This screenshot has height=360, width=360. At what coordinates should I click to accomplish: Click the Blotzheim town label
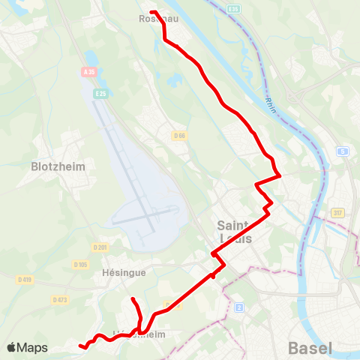58,166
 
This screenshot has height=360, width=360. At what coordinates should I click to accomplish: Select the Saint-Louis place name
235,232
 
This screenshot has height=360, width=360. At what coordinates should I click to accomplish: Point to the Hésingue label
123,274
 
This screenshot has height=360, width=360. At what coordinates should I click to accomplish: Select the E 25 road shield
101,93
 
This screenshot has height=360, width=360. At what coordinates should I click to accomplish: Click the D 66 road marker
178,136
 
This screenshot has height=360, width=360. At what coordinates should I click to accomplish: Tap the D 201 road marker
100,247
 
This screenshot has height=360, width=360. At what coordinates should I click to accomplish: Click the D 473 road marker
60,299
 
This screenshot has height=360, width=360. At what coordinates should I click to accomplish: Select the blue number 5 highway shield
343,151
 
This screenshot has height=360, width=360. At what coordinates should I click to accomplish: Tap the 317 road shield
337,212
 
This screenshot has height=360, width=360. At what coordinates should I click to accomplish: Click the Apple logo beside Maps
11,348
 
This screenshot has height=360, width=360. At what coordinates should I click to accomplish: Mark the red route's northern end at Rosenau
151,12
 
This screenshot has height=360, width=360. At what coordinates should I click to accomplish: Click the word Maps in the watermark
32,348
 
